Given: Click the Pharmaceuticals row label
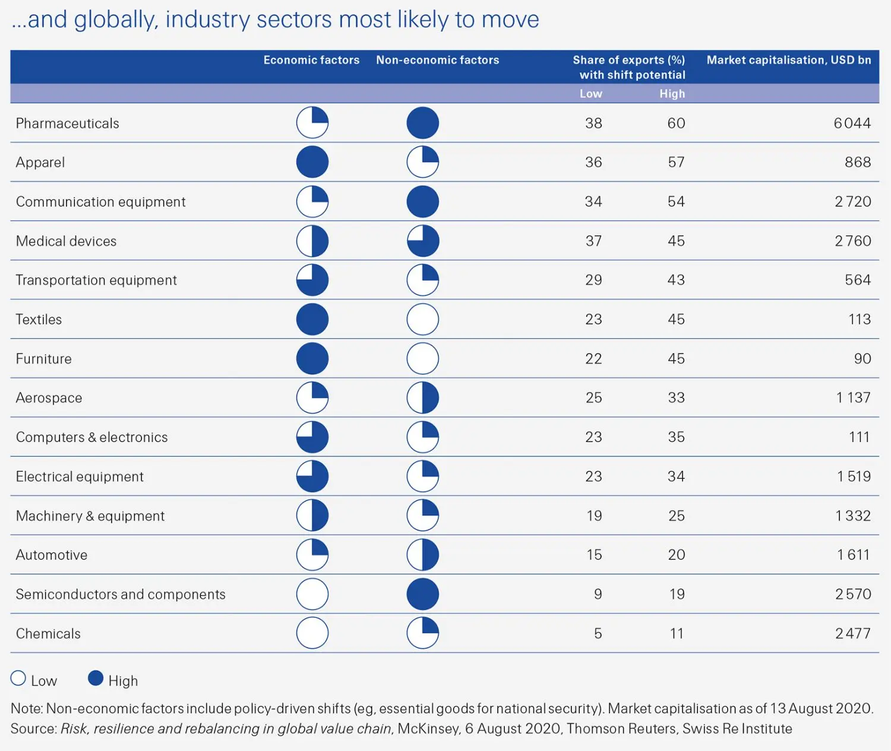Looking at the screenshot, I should [x=67, y=123].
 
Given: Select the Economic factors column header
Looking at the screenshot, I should [x=311, y=60].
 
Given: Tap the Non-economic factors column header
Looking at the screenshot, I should [x=437, y=60].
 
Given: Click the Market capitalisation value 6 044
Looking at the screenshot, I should [x=852, y=123].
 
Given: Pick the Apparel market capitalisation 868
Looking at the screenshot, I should [x=858, y=162].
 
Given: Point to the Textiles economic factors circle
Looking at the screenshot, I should [x=312, y=320].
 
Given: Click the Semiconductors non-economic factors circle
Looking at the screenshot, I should [x=423, y=594].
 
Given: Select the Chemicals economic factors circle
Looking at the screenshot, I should [x=312, y=633].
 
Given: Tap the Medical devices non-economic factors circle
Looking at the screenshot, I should [x=423, y=241].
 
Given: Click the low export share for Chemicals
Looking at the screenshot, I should [x=598, y=633].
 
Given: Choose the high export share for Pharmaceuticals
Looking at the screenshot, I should [x=676, y=123].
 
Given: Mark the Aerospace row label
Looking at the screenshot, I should [x=49, y=398].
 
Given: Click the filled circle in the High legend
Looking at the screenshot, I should [x=96, y=679].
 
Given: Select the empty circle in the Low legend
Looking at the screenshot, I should [x=18, y=679].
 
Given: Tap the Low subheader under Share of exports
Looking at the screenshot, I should [x=590, y=94].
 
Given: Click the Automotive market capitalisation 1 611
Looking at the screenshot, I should [x=853, y=555].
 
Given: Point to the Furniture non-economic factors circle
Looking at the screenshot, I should [x=423, y=359].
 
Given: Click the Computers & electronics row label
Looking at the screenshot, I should [x=91, y=437].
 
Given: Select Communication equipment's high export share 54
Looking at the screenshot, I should [x=676, y=202].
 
